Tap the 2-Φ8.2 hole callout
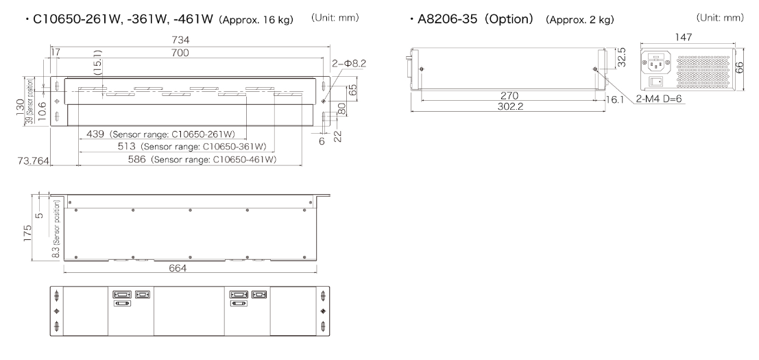click(x=349, y=63)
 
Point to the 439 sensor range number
click(x=95, y=134)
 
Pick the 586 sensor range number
click(x=137, y=159)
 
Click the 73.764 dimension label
click(x=34, y=161)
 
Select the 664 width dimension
click(x=177, y=268)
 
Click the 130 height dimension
click(x=20, y=108)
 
